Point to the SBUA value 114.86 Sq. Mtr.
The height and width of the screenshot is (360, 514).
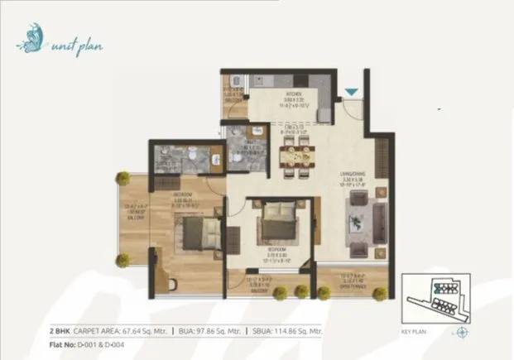[300, 329]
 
